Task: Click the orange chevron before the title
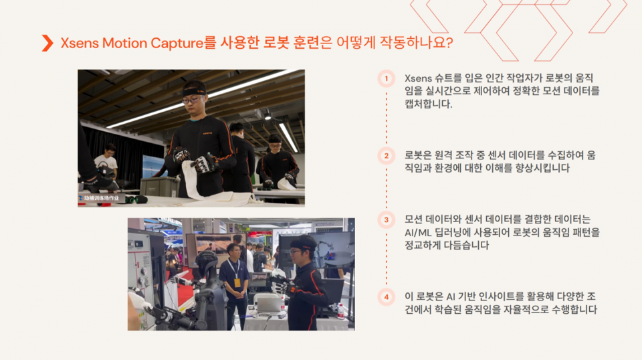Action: click(47, 43)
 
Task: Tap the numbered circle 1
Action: click(386, 79)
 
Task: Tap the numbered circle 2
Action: click(386, 156)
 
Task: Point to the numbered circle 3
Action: click(386, 220)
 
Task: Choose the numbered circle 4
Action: click(386, 297)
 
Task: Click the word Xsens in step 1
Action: click(418, 78)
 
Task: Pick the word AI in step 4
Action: click(451, 296)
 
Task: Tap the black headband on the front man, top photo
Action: click(195, 91)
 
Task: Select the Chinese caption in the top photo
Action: click(101, 198)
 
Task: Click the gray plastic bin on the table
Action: click(159, 186)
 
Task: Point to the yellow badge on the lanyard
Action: click(237, 282)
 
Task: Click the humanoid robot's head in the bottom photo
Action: click(207, 262)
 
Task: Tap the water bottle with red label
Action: click(340, 312)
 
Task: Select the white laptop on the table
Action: click(269, 304)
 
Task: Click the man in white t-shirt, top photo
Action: click(106, 162)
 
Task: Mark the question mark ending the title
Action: click(449, 43)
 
